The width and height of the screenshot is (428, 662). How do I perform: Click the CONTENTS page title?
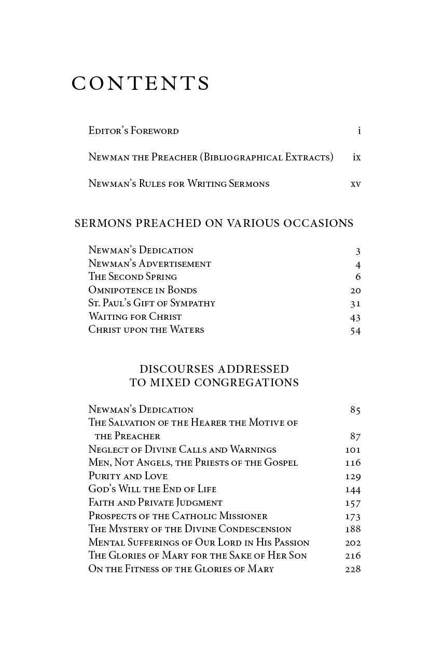(x=141, y=84)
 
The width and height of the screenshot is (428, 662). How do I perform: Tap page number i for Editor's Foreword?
(x=359, y=131)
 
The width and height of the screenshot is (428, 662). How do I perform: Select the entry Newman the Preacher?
(x=211, y=157)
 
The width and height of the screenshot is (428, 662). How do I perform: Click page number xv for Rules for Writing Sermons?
(x=355, y=184)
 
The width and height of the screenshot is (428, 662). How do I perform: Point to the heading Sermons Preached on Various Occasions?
(x=214, y=223)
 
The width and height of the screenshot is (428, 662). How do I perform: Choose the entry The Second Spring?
(x=132, y=277)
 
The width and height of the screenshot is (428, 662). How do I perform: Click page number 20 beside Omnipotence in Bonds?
(x=355, y=291)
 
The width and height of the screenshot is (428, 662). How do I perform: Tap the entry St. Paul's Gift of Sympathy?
(x=151, y=303)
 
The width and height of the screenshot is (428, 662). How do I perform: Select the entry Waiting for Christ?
(x=135, y=317)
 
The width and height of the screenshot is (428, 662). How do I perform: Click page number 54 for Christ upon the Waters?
(x=355, y=331)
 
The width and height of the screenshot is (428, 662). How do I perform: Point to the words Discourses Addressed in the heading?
(x=214, y=369)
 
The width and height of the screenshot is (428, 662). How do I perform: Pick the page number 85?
(x=355, y=410)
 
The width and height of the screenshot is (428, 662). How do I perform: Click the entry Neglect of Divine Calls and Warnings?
(x=182, y=450)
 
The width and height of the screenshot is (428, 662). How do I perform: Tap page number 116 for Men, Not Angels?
(x=353, y=463)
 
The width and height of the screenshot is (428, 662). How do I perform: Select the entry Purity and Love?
(x=128, y=476)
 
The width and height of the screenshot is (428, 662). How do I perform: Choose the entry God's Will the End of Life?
(x=152, y=489)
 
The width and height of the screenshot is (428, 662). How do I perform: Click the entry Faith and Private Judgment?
(x=155, y=503)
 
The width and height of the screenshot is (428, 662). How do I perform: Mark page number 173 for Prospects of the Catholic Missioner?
(x=353, y=517)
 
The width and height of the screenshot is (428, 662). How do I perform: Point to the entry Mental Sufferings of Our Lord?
(x=199, y=543)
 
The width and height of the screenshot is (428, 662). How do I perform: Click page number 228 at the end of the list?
(x=353, y=569)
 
